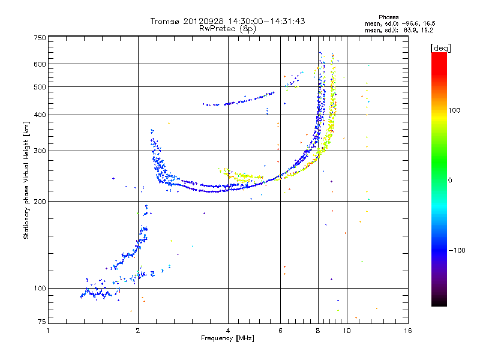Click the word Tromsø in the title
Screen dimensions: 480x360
[x=164, y=21]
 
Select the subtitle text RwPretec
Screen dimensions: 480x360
[x=217, y=29]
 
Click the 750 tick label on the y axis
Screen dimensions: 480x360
[x=40, y=38]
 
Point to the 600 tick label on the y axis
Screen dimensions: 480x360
[x=40, y=64]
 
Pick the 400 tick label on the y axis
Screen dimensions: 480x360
[x=40, y=115]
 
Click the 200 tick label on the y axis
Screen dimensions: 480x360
[x=40, y=202]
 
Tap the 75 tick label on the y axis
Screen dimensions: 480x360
[x=42, y=322]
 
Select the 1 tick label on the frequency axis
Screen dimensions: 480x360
[x=48, y=331]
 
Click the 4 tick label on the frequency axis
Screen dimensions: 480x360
[x=228, y=331]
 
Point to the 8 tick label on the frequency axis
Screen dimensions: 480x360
[x=318, y=331]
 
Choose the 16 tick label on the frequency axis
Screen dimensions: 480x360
[x=408, y=331]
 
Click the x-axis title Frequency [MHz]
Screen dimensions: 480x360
[x=227, y=338]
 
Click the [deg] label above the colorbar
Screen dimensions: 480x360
[x=440, y=48]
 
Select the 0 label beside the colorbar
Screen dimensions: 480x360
[x=449, y=181]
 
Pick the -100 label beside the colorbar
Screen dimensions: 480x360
[x=457, y=250]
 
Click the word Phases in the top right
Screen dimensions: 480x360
[x=388, y=17]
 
